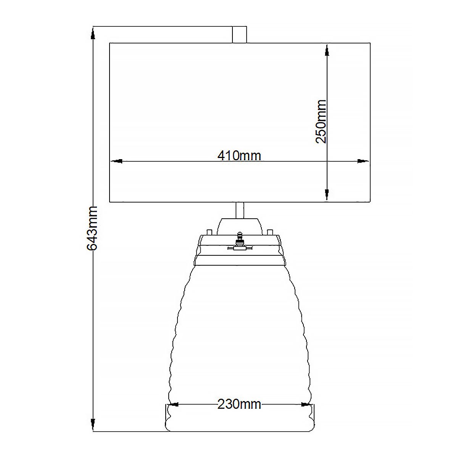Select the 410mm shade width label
[x=239, y=155]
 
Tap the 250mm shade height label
[x=321, y=121]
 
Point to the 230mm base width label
[x=239, y=404]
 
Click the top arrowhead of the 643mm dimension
[x=93, y=33]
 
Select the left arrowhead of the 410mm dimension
[x=116, y=161]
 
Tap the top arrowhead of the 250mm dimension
[x=327, y=51]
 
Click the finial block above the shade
[x=239, y=34]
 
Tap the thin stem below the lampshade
[x=240, y=210]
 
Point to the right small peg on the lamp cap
[x=270, y=232]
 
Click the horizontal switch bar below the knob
[x=240, y=248]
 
